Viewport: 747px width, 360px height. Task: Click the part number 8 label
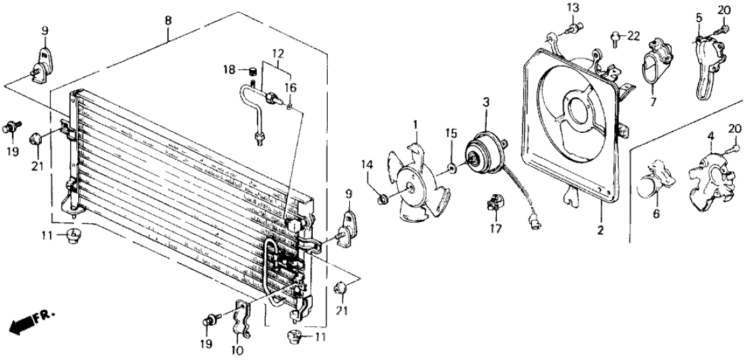coord(168,22)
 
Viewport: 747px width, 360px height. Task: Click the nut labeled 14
coord(381,198)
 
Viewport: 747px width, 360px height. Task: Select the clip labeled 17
coord(494,201)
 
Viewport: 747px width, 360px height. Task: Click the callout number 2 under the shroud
coord(600,230)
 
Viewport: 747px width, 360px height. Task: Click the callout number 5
coord(699,16)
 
